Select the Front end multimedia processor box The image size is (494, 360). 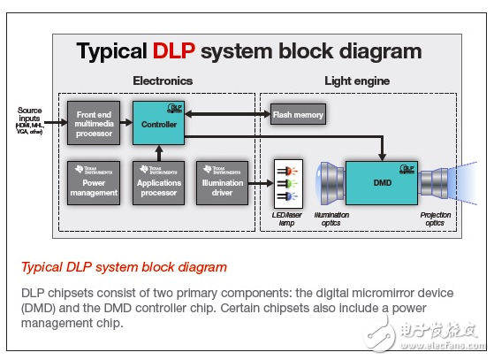tap(94, 124)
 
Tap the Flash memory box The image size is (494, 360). tap(297, 114)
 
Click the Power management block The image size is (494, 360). tap(94, 183)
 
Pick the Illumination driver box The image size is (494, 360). tap(221, 183)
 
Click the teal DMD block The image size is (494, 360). tap(382, 183)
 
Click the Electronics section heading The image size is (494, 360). tap(162, 80)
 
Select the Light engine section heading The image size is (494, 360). tap(357, 80)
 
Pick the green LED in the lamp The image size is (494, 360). tap(293, 183)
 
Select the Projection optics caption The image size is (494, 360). tap(435, 218)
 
